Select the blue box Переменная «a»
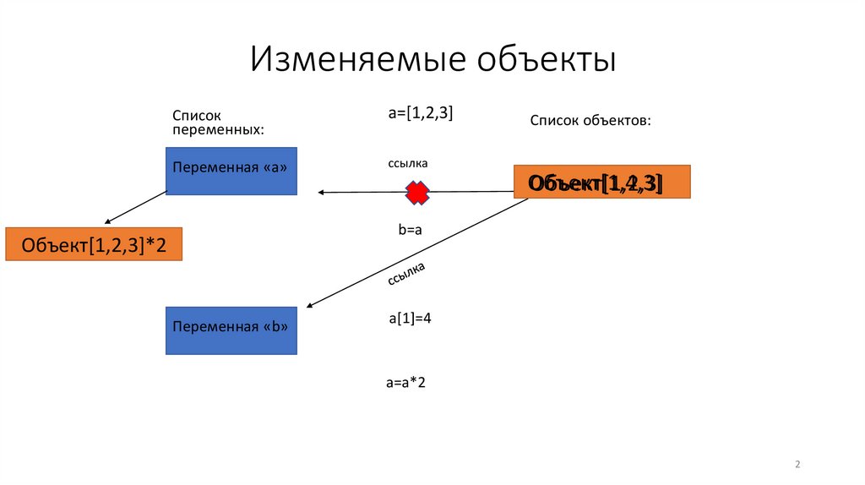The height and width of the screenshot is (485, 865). click(x=231, y=172)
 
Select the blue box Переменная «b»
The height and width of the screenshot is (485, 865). click(x=231, y=330)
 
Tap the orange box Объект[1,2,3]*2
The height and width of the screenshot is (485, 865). click(x=93, y=245)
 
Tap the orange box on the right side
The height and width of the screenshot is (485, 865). click(x=601, y=182)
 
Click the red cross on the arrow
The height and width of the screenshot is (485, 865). click(x=416, y=193)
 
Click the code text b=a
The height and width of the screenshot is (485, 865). click(x=410, y=230)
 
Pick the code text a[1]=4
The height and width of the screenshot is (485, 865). click(x=411, y=319)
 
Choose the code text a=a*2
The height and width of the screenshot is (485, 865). click(x=405, y=383)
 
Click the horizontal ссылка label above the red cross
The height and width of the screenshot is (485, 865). click(x=408, y=163)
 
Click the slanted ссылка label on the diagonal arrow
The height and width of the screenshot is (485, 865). click(x=406, y=275)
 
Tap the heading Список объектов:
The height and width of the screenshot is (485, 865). click(x=590, y=121)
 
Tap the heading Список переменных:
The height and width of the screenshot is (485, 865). click(x=218, y=122)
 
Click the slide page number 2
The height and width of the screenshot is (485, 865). click(x=797, y=465)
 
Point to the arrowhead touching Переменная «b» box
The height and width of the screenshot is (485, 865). click(x=310, y=305)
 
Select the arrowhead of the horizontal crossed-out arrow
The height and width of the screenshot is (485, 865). click(x=321, y=193)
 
